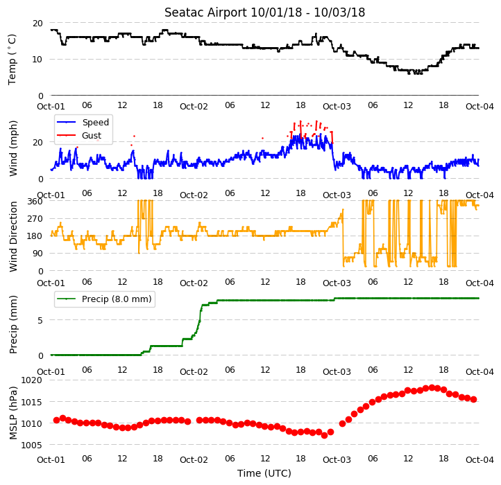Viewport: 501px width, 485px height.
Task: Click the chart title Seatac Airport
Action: click(206, 12)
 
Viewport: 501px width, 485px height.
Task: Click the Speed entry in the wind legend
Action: click(96, 122)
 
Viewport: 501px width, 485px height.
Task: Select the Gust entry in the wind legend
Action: click(92, 136)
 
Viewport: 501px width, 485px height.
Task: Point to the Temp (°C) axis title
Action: click(12, 60)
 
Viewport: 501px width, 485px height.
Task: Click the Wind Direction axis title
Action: click(12, 236)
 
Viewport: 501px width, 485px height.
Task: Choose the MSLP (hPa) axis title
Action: click(12, 413)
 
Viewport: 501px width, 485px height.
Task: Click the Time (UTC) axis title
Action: click(264, 473)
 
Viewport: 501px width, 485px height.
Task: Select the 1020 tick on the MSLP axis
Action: click(32, 380)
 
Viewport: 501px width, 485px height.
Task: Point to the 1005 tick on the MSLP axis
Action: click(32, 445)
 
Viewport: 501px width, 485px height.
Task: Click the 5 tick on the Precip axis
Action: click(40, 320)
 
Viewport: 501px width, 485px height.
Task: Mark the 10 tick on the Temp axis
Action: click(37, 60)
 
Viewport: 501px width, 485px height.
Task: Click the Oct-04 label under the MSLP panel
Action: click(479, 460)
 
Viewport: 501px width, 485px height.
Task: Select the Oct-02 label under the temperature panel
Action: click(194, 106)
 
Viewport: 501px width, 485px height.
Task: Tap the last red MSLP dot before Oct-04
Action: click(473, 400)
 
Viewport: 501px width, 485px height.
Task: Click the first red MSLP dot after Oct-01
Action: click(57, 421)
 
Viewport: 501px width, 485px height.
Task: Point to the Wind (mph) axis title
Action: click(12, 148)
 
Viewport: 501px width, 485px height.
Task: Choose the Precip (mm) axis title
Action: click(12, 325)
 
